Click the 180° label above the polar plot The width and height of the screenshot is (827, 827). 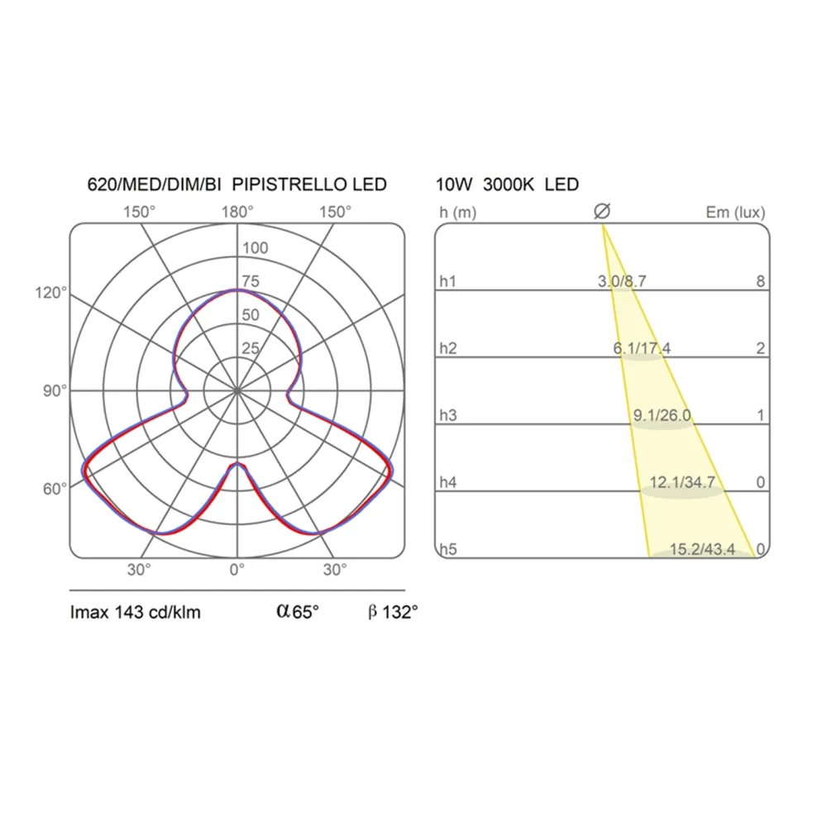tap(237, 212)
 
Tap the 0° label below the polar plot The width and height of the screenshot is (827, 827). tap(237, 570)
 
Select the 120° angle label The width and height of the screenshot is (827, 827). tap(51, 293)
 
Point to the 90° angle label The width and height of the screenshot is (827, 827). tap(55, 391)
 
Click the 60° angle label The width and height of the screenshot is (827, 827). tap(55, 489)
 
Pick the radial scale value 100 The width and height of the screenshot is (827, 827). tap(256, 248)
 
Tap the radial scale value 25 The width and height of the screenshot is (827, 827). tap(251, 348)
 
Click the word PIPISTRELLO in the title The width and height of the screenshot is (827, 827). tap(289, 184)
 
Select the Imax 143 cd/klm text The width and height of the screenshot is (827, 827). tap(136, 612)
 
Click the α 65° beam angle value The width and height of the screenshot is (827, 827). tap(298, 611)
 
